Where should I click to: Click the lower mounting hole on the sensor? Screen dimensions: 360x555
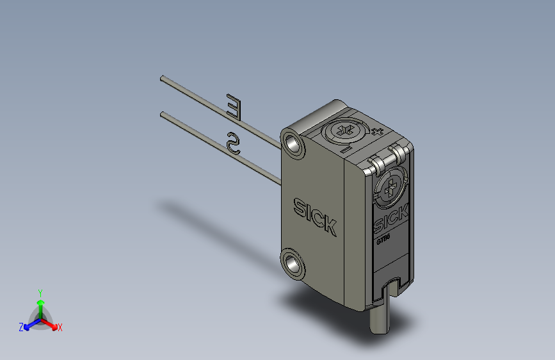coord(295,262)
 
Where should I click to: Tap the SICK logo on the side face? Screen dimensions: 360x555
coord(314,217)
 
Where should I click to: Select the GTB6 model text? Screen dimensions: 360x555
coord(383,240)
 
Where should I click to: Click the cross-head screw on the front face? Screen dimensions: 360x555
coord(389,188)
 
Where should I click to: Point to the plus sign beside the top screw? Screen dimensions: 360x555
coord(377,132)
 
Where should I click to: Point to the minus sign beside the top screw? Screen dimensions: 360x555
coord(344,150)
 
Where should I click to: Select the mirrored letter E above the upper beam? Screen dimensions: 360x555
coord(235,107)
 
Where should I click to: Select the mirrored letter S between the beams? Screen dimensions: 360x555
coord(233,143)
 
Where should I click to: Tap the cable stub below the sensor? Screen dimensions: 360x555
coord(379,320)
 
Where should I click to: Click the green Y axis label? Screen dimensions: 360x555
coord(40,291)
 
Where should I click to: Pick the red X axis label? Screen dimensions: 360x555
coord(60,328)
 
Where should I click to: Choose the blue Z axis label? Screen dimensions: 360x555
coord(21,327)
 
